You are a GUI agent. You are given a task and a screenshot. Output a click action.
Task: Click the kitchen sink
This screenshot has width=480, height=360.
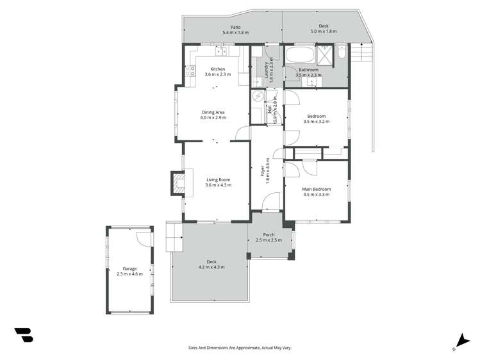coord(222,51)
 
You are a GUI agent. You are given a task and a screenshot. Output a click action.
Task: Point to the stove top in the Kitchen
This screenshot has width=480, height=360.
coord(190,72)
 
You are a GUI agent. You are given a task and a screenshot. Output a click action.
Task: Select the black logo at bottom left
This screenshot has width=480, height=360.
coord(23,334)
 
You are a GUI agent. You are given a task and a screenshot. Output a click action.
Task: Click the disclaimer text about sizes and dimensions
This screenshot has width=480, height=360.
coord(240,347)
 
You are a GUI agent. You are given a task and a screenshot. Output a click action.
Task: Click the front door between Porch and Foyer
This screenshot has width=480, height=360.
coord(269,210)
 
